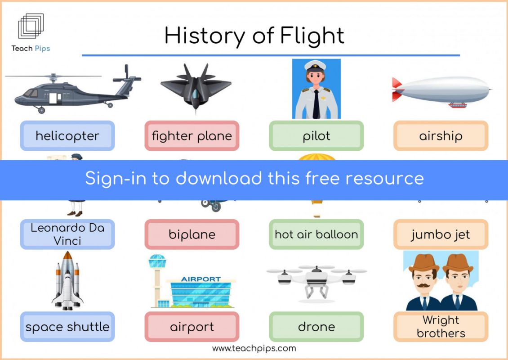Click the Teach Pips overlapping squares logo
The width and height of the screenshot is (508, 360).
pyautogui.click(x=31, y=26)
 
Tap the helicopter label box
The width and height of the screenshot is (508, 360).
pyautogui.click(x=67, y=135)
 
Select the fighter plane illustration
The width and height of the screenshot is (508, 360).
pyautogui.click(x=196, y=88)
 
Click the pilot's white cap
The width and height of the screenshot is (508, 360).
pyautogui.click(x=315, y=66)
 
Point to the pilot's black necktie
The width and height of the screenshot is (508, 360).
pyautogui.click(x=316, y=104)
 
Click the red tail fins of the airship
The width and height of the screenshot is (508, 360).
pyautogui.click(x=397, y=90)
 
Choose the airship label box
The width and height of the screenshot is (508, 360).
pyautogui.click(x=441, y=135)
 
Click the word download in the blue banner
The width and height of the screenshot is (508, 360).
pyautogui.click(x=218, y=178)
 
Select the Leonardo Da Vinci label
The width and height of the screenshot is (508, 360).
pyautogui.click(x=67, y=234)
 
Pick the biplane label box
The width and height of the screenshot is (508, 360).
pyautogui.click(x=192, y=234)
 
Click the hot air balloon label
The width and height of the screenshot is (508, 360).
pyautogui.click(x=316, y=234)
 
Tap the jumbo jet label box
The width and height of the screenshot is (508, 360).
pyautogui.click(x=441, y=234)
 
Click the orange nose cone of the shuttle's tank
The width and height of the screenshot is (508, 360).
pyautogui.click(x=67, y=255)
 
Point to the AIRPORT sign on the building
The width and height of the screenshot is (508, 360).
pyautogui.click(x=201, y=279)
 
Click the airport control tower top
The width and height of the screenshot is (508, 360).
pyautogui.click(x=157, y=261)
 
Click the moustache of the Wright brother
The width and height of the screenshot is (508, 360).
pyautogui.click(x=423, y=285)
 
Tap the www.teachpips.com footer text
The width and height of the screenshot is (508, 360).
pyautogui.click(x=254, y=349)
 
